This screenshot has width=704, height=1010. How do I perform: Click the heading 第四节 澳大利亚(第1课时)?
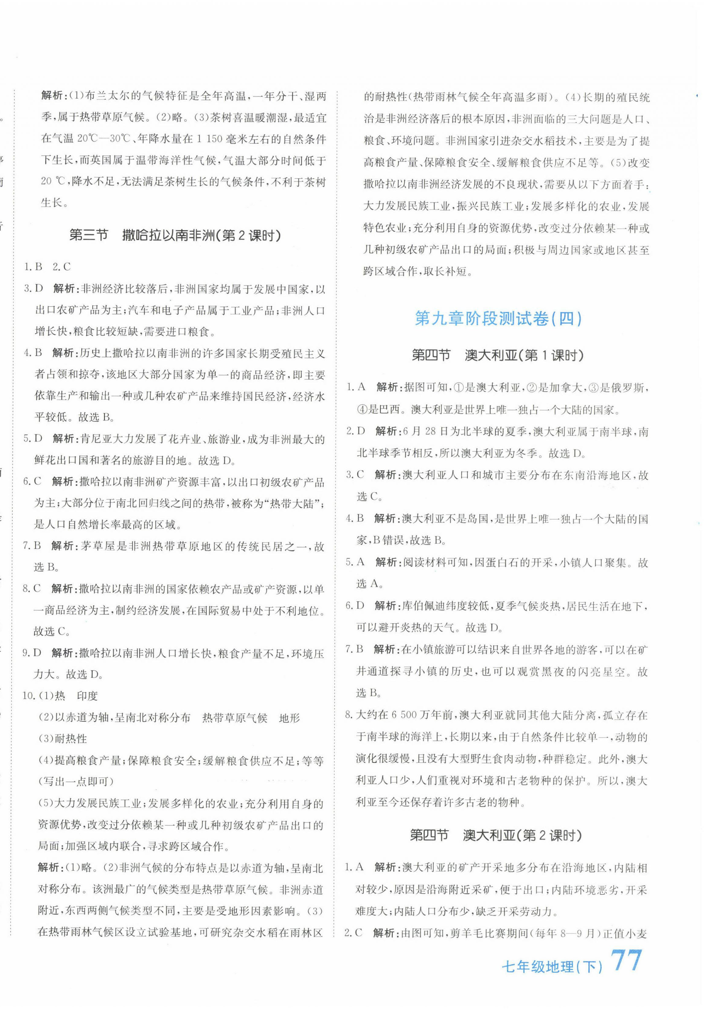pos(497,355)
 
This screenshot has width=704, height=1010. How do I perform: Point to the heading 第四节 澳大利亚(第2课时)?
pos(496,835)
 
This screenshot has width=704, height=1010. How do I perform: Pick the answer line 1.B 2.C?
pos(47,266)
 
